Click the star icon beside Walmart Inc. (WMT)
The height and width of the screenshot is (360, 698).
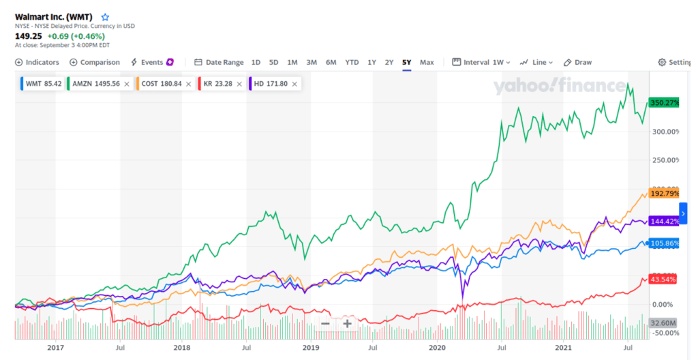point(105,16)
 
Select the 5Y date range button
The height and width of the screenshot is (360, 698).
point(406,62)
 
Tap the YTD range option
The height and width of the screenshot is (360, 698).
point(352,62)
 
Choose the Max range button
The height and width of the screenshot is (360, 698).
point(427,62)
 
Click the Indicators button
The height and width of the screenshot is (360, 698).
point(37,62)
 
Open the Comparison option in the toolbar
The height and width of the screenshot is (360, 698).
point(95,62)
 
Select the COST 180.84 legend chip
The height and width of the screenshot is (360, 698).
point(162,84)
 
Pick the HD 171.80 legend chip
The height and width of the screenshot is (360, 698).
point(271,84)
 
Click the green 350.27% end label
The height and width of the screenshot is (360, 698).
point(665,103)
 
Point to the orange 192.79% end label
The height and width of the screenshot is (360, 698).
point(665,193)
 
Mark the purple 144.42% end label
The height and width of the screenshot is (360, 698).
point(665,221)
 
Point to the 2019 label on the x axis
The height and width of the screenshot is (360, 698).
point(310,348)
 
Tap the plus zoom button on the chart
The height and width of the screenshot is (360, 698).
point(348,323)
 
